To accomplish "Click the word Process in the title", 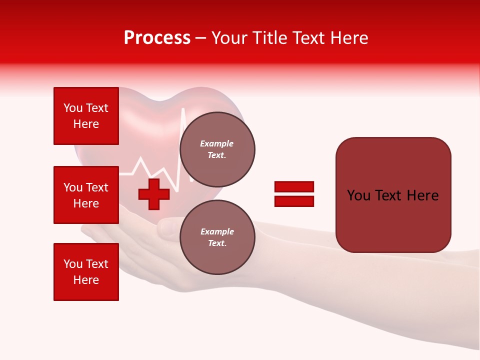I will tap(157, 38).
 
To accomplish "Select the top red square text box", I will tap(86, 116).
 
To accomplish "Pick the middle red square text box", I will tap(86, 195).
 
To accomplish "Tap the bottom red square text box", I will tap(86, 272).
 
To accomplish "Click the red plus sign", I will tap(154, 194).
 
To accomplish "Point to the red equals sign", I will tap(294, 194).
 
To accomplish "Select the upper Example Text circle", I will tap(217, 149).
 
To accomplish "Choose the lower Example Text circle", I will tap(217, 237).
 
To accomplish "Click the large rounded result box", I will tap(393, 195).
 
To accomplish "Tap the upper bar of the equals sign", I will tap(294, 187).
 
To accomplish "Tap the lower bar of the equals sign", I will tap(294, 201).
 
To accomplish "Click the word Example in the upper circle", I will tap(217, 143).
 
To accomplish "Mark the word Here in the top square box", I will tap(86, 124).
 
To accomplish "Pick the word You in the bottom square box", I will tap(72, 264).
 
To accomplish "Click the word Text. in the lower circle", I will tap(217, 243).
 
